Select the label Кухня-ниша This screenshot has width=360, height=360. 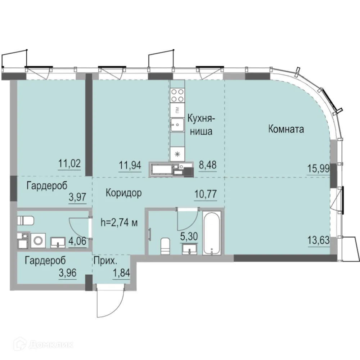click(201, 124)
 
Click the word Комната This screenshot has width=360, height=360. click(286, 129)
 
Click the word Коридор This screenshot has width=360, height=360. click(123, 193)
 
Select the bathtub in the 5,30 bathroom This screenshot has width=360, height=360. click(212, 233)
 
